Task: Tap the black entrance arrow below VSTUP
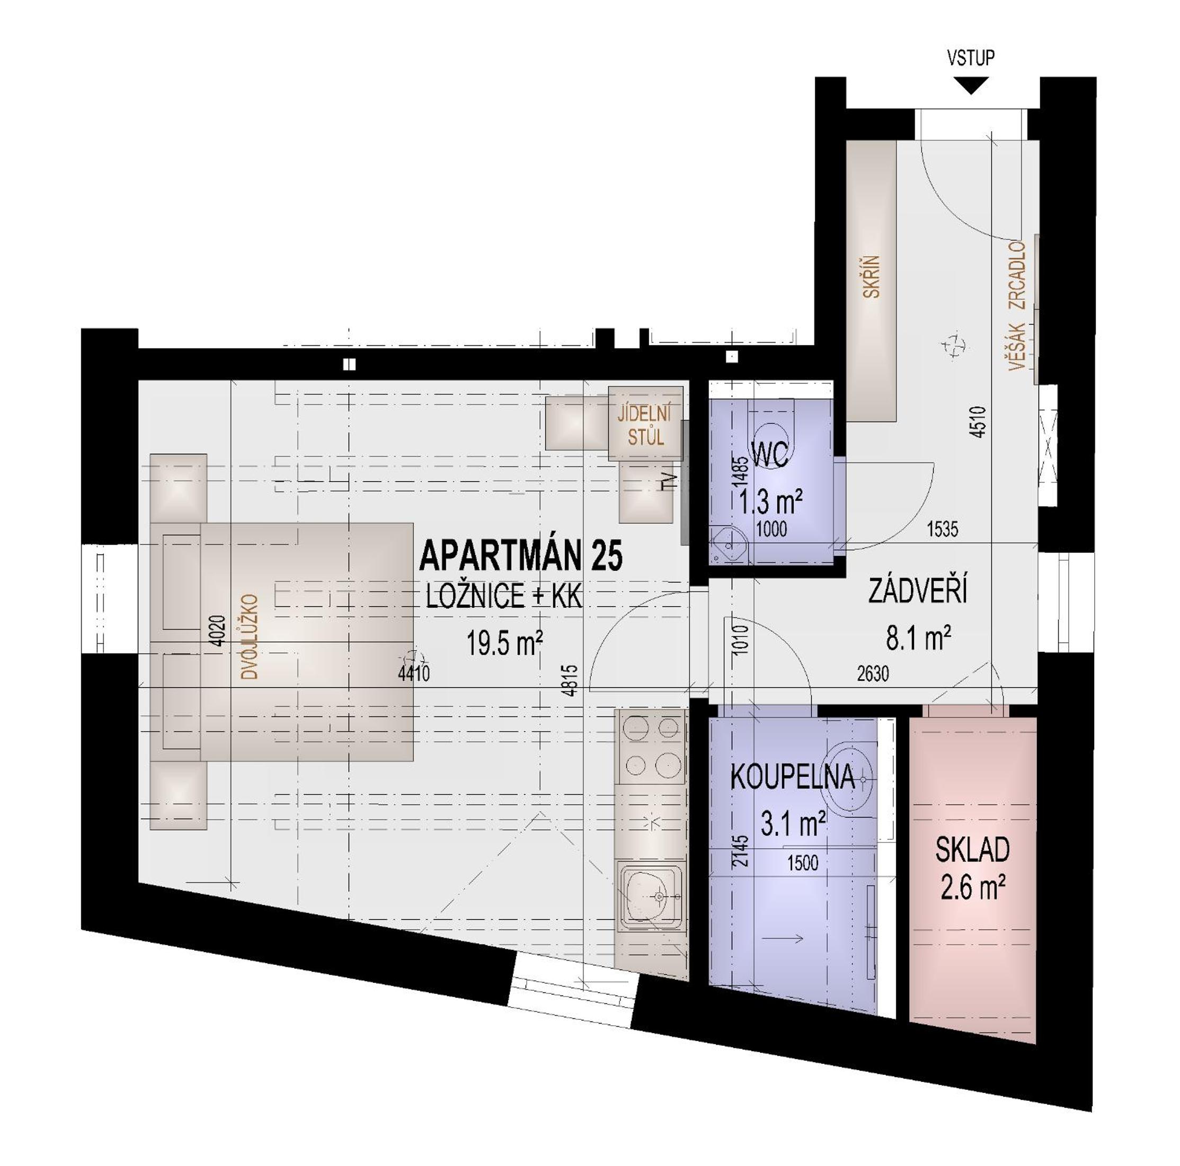coord(971,84)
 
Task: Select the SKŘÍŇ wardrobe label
coord(872,276)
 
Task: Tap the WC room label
coord(770,454)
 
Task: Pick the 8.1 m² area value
coord(918,639)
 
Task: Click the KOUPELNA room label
coord(792,777)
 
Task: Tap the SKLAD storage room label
coord(972,850)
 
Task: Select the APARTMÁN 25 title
coord(521,555)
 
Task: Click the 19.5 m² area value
coord(504,643)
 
